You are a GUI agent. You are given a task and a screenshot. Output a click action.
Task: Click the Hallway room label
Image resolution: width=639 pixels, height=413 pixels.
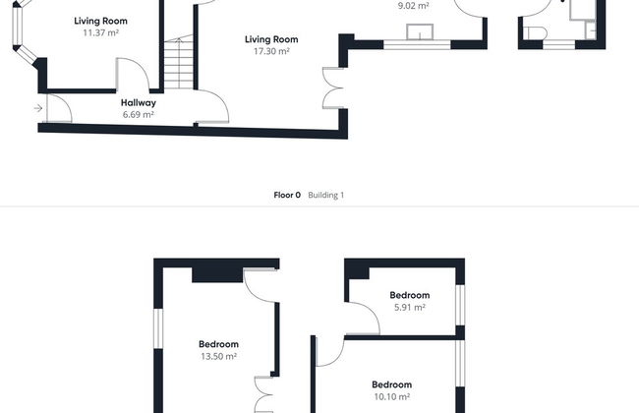pyautogui.click(x=139, y=102)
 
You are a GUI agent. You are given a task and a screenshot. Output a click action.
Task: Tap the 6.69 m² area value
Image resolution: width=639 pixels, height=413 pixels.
pyautogui.click(x=139, y=115)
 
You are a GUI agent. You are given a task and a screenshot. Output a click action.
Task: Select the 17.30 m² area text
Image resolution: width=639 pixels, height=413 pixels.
pyautogui.click(x=271, y=51)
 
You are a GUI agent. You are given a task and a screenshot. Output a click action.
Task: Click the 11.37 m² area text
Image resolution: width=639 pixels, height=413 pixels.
pyautogui.click(x=100, y=32)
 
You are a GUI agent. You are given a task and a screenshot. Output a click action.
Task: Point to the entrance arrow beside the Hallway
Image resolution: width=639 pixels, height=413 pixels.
pyautogui.click(x=38, y=108)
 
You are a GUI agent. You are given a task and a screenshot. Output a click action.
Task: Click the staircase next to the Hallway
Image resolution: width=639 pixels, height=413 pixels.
pyautogui.click(x=179, y=62)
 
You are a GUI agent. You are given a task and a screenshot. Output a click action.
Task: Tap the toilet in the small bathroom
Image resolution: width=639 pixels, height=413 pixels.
pyautogui.click(x=535, y=33)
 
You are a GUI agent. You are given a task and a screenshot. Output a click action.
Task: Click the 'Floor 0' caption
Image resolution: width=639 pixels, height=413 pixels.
pyautogui.click(x=287, y=195)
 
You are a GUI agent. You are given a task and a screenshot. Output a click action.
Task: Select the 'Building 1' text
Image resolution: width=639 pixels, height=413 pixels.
pyautogui.click(x=326, y=195)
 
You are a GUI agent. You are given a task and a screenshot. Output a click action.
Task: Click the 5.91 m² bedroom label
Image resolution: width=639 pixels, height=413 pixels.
pyautogui.click(x=410, y=295)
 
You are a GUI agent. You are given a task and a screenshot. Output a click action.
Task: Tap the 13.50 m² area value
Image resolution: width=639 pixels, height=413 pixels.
pyautogui.click(x=219, y=356)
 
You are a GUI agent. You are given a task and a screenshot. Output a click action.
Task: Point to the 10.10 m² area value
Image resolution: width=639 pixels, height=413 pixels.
pyautogui.click(x=392, y=396)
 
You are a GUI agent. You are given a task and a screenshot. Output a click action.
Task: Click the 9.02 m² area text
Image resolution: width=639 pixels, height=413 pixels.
pyautogui.click(x=413, y=6)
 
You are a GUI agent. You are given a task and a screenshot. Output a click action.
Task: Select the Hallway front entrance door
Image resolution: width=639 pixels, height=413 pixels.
pyautogui.click(x=59, y=108)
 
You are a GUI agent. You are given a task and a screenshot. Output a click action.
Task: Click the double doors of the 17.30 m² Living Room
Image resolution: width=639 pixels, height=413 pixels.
pyautogui.click(x=333, y=88)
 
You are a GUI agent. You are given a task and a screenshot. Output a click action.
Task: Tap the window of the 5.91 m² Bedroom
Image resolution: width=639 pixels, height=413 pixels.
pyautogui.click(x=460, y=305)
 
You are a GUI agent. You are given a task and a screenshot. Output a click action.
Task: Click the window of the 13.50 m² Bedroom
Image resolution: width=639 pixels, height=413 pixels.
pyautogui.click(x=158, y=328)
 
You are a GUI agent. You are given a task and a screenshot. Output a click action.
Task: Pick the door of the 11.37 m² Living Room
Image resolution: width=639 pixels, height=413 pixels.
pyautogui.click(x=133, y=74)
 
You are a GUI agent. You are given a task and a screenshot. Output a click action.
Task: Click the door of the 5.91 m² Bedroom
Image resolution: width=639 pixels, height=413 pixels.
pyautogui.click(x=363, y=319)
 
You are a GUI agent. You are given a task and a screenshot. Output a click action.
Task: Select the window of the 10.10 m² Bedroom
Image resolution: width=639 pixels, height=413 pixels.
pyautogui.click(x=460, y=363)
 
